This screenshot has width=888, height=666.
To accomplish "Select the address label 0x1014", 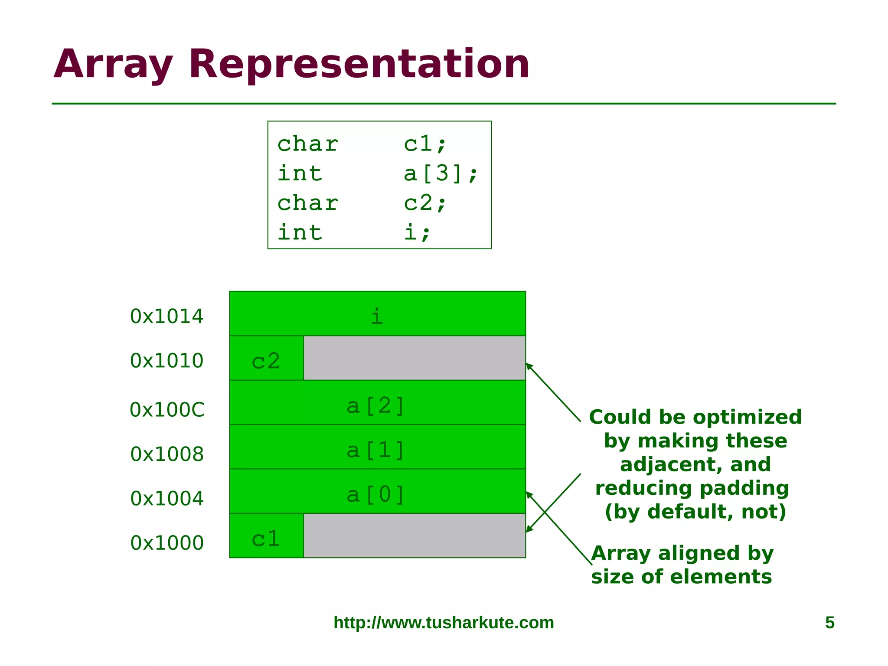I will (166, 316).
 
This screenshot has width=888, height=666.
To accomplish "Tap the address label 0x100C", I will (167, 410).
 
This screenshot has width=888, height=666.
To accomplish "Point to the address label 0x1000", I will (167, 543).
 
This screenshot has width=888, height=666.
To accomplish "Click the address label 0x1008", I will (167, 454).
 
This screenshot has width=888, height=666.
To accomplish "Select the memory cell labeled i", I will (377, 314).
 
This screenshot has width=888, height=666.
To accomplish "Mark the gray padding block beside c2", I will (415, 358).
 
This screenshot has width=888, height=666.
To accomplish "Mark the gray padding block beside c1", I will (415, 536).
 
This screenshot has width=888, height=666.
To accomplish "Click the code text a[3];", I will (441, 173).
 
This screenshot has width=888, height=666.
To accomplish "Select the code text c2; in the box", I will (425, 203).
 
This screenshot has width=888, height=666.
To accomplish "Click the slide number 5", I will (829, 623).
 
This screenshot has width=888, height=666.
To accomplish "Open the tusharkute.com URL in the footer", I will (444, 623).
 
